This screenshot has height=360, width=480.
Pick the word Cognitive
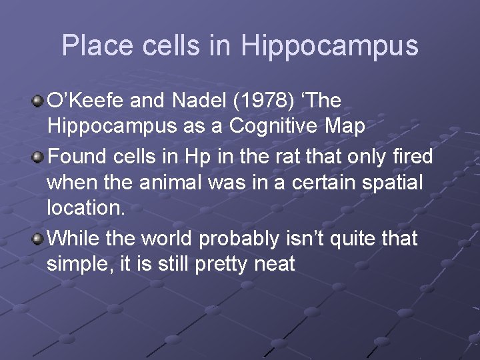click(x=265, y=127)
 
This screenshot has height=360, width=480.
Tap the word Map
click(x=346, y=127)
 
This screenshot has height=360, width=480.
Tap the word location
click(x=85, y=207)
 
